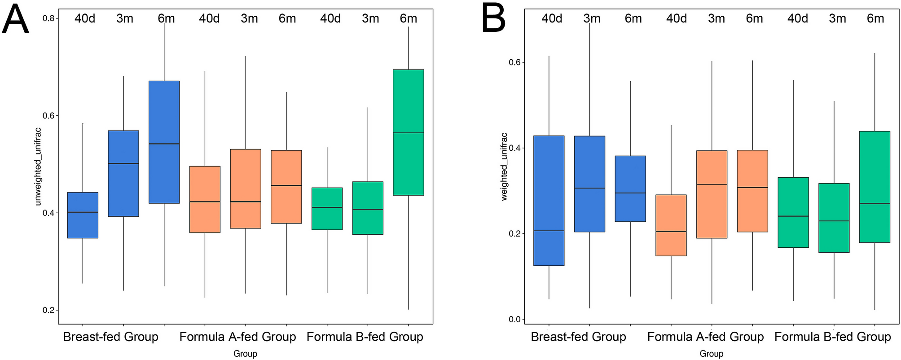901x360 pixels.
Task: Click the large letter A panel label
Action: pos(16,20)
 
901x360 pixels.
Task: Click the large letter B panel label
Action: pos(493,19)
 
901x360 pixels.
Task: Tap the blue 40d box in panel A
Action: pos(83,215)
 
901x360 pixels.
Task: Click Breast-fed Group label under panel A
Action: pos(110,337)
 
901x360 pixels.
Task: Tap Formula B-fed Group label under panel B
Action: pos(832,337)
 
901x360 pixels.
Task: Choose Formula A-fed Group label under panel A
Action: pos(237,337)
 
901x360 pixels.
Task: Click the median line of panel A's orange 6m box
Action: pos(286,185)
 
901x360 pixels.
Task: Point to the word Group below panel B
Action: pos(711,354)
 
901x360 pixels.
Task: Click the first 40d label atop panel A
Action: pos(84,18)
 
